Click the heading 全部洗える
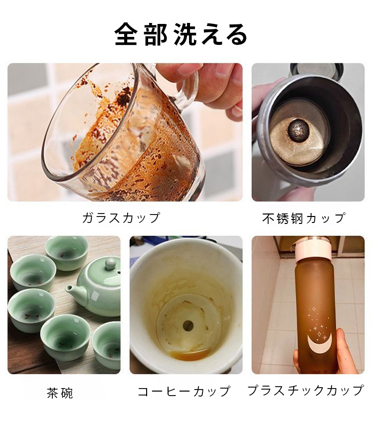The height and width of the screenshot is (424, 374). [181, 34]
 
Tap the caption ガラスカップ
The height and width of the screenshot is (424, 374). [121, 217]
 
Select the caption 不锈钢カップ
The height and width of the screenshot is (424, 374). [304, 218]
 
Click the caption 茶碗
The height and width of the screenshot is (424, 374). [60, 393]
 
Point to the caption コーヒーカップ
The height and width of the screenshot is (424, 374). [184, 391]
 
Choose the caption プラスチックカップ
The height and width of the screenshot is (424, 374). [306, 390]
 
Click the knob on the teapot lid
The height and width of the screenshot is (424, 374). [110, 263]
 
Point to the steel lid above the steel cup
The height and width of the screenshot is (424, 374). [317, 70]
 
